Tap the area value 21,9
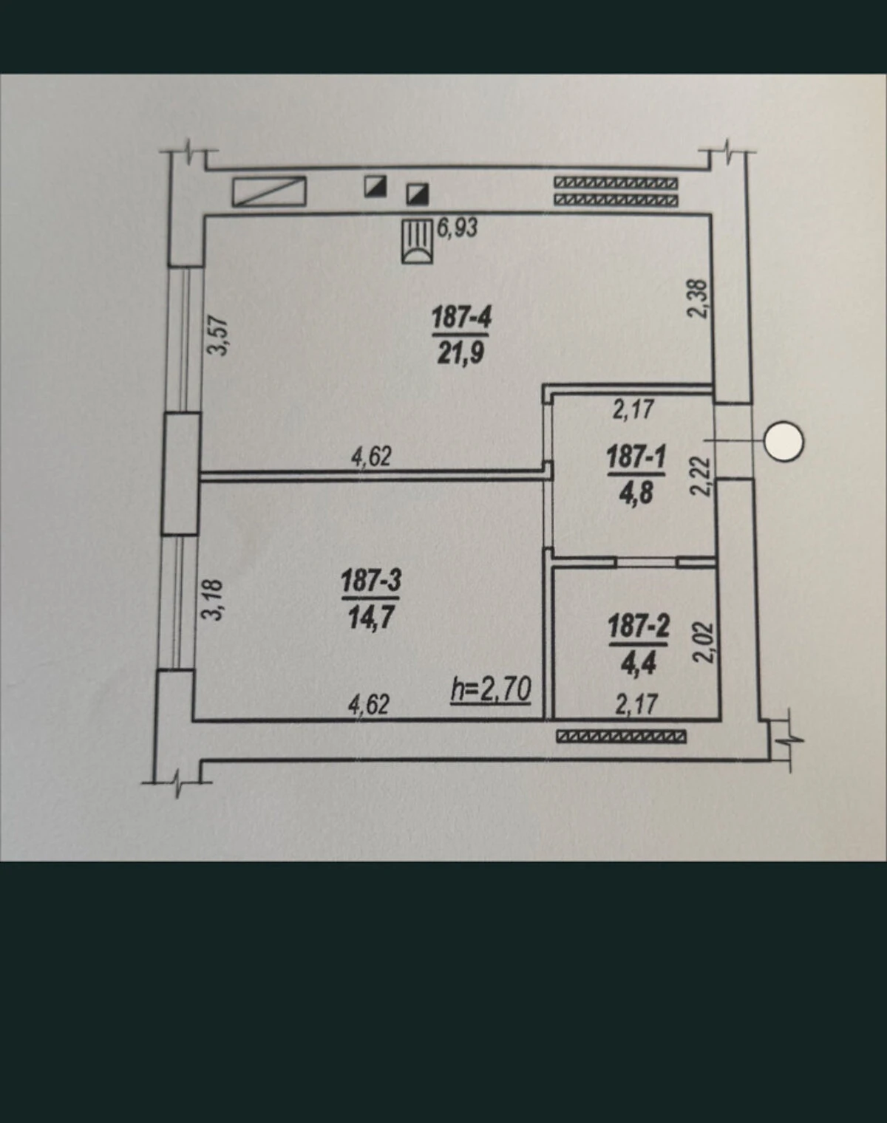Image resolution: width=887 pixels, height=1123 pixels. tap(460, 352)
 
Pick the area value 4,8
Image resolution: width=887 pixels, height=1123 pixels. tap(636, 493)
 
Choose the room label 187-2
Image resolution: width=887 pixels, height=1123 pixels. tap(638, 627)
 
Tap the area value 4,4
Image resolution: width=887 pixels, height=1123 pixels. tap(638, 663)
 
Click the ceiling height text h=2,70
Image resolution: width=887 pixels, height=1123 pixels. tap(491, 690)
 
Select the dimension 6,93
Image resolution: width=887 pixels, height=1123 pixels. tap(458, 228)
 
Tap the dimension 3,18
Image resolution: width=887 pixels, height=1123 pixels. tap(212, 599)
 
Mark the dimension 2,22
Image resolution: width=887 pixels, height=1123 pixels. tap(701, 477)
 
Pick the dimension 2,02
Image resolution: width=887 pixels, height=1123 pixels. tap(703, 642)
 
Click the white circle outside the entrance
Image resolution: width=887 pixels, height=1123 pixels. tap(784, 442)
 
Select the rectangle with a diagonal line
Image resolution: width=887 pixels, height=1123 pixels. tap(269, 191)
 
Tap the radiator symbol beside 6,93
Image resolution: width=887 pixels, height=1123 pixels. tap(418, 241)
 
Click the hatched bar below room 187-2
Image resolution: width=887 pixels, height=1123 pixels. tap(621, 737)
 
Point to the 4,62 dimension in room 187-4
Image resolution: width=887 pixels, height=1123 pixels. tap(371, 457)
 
